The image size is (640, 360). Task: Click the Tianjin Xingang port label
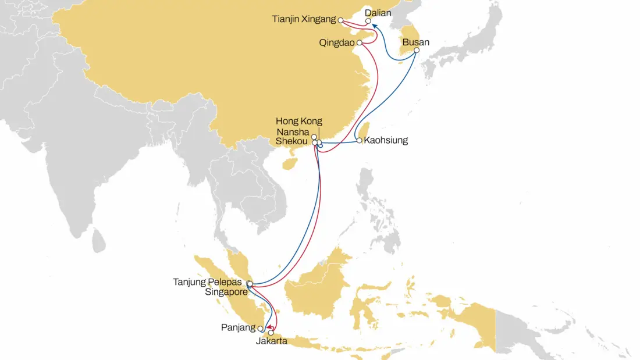click(303, 19)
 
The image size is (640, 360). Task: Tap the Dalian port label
click(378, 12)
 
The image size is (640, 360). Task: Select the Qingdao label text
click(337, 42)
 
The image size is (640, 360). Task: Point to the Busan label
click(415, 42)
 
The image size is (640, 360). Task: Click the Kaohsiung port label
click(386, 140)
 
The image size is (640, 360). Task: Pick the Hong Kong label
click(298, 122)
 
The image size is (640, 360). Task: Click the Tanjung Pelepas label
click(207, 282)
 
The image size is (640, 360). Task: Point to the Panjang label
click(239, 328)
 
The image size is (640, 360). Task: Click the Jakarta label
click(271, 341)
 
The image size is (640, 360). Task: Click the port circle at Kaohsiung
click(360, 140)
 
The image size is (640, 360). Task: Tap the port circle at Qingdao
click(360, 42)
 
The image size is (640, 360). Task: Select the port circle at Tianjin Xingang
click(340, 20)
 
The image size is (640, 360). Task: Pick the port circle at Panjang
click(260, 329)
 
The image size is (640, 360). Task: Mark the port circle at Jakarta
click(271, 333)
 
